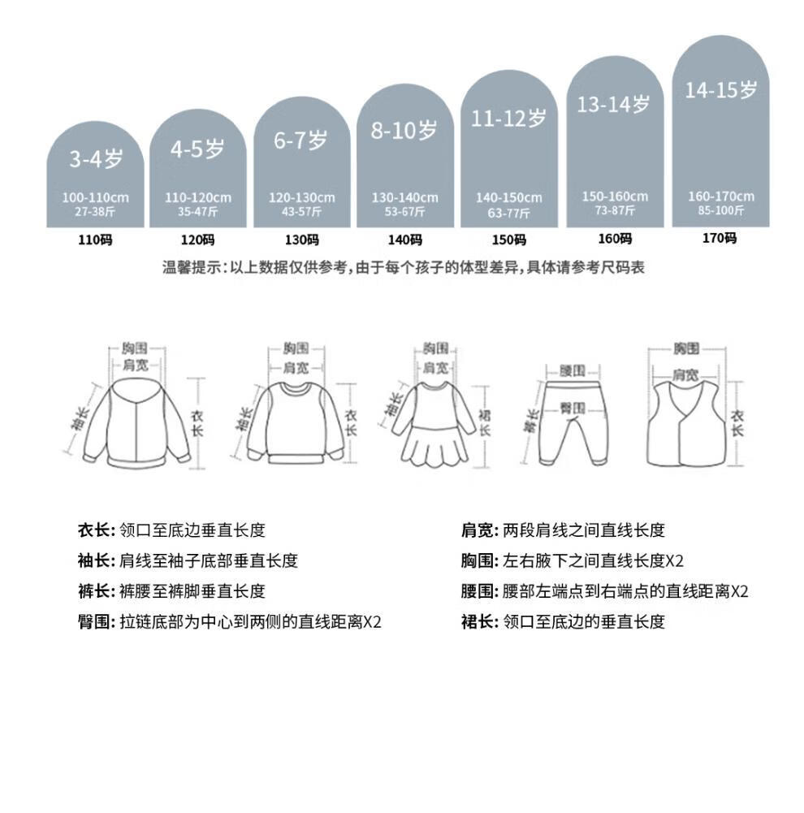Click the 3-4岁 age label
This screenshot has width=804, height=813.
(95, 159)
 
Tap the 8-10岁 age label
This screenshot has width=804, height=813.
(404, 130)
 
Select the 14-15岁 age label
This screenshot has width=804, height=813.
(720, 90)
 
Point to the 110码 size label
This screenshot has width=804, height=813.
(95, 240)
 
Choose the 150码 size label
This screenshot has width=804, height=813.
(508, 240)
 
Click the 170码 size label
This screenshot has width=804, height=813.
(720, 238)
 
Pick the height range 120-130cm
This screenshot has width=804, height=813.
(301, 198)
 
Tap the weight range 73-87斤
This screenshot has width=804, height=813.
(615, 210)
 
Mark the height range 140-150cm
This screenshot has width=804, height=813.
(508, 198)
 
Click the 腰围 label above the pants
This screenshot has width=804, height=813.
(573, 370)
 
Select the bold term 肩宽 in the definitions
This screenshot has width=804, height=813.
(477, 530)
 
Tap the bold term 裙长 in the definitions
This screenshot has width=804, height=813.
(477, 622)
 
